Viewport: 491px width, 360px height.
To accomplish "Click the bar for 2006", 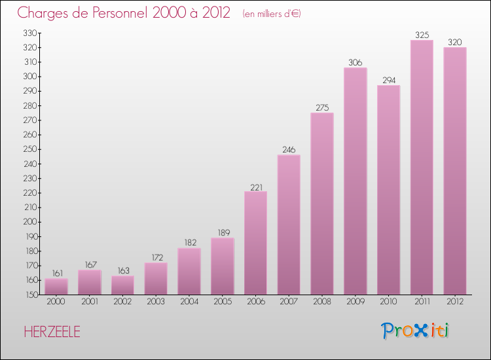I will (255, 243).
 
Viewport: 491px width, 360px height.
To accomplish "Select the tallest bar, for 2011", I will (422, 168).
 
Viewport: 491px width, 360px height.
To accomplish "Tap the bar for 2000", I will (56, 287).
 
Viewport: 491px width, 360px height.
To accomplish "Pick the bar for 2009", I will (355, 181).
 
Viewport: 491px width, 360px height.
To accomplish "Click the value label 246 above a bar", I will (289, 149).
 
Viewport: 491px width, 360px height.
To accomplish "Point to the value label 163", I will (122, 270).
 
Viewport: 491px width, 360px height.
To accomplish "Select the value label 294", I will (388, 80).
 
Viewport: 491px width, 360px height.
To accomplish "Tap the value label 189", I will (222, 232).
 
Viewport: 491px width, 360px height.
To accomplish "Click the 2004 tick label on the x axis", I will (189, 302).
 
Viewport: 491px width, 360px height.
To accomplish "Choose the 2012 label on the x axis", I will (454, 302).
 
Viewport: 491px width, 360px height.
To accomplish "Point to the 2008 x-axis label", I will (322, 302).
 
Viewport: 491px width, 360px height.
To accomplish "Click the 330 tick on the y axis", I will (30, 33).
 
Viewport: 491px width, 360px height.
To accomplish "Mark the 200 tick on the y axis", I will (30, 222).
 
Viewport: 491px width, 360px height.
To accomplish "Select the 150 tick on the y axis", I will (30, 295).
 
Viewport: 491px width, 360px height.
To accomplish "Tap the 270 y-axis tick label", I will (30, 120).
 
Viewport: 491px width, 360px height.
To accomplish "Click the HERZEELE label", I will (52, 332).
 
